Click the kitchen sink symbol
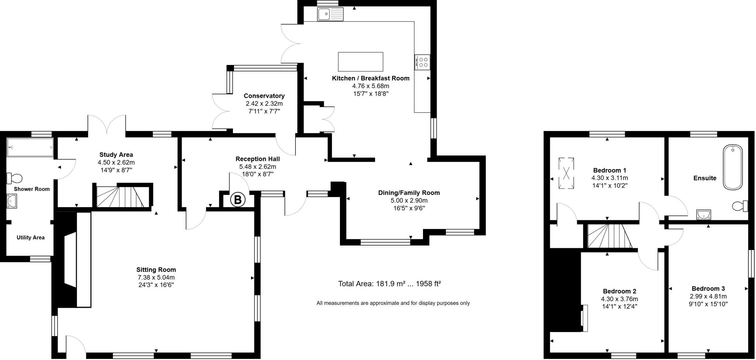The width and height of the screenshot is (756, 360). [x=330, y=14]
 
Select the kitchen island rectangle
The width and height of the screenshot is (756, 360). [x=360, y=62]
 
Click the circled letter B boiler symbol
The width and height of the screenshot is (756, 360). [x=238, y=200]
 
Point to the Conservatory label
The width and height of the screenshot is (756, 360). [x=264, y=96]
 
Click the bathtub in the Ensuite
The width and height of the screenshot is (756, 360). [x=733, y=167]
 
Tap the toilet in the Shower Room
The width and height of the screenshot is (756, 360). [x=15, y=178]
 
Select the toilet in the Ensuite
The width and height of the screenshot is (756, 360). [x=740, y=206]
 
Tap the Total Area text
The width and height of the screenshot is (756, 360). [x=389, y=284]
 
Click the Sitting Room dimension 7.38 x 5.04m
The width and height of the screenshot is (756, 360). [x=156, y=277]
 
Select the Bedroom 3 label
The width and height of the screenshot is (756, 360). [x=708, y=288]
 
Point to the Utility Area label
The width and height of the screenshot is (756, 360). [x=30, y=237]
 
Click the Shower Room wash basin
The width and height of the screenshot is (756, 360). [x=12, y=202]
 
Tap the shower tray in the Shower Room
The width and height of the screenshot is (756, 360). [x=30, y=147]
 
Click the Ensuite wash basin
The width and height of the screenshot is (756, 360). [x=704, y=215]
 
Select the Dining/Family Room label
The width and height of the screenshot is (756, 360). [x=409, y=193]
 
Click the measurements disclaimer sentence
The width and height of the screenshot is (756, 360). [x=393, y=303]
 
